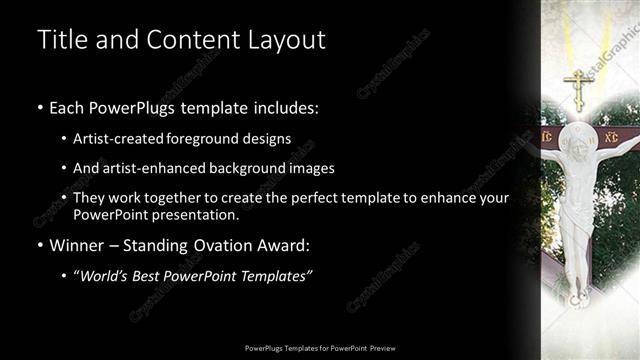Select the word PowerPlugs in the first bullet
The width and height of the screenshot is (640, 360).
pyautogui.click(x=136, y=107)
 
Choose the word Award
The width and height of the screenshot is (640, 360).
pyautogui.click(x=288, y=245)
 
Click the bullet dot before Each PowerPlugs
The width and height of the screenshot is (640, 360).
pyautogui.click(x=40, y=107)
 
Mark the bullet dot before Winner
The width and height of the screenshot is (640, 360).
pyautogui.click(x=40, y=245)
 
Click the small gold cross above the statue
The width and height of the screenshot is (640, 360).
pyautogui.click(x=577, y=87)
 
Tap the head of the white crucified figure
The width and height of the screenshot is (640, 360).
pyautogui.click(x=578, y=139)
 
